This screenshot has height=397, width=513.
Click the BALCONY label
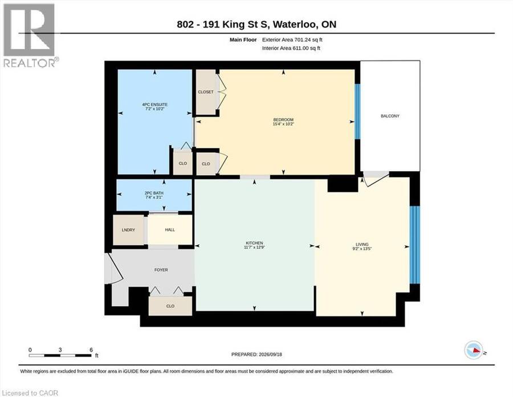pyautogui.click(x=390, y=116)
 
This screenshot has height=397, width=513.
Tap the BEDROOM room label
pyautogui.click(x=283, y=120)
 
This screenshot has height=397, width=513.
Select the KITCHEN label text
pyautogui.click(x=254, y=243)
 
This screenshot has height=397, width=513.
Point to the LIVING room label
pyautogui.click(x=362, y=245)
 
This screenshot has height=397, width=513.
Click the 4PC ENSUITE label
pyautogui.click(x=154, y=104)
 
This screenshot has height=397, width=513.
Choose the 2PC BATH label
pyautogui.click(x=154, y=193)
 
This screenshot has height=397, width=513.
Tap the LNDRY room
pyautogui.click(x=128, y=230)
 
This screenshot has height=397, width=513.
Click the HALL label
pyautogui.click(x=170, y=230)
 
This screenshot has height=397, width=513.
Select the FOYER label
pyautogui.click(x=161, y=270)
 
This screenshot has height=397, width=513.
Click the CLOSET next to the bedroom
pyautogui.click(x=206, y=92)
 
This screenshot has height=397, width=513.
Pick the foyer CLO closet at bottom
pyautogui.click(x=170, y=306)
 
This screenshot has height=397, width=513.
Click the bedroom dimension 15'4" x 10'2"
pyautogui.click(x=283, y=124)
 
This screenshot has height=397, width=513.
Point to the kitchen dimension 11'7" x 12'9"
pyautogui.click(x=254, y=248)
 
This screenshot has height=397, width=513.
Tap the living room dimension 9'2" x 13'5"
pyautogui.click(x=362, y=249)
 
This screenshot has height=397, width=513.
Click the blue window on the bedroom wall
pyautogui.click(x=357, y=112)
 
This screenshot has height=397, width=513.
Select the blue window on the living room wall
pyautogui.click(x=415, y=245)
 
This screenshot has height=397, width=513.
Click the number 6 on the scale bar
pyautogui.click(x=91, y=350)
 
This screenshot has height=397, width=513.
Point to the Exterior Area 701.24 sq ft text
pyautogui.click(x=292, y=39)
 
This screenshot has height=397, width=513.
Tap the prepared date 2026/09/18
pyautogui.click(x=270, y=354)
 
